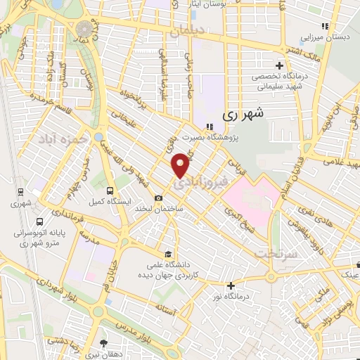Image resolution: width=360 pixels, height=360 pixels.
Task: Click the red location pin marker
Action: tap(181, 165)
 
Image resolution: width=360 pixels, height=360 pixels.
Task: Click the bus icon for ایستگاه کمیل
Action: tap(110, 191)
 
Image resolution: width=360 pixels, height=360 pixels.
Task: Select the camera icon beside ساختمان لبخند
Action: tap(159, 198)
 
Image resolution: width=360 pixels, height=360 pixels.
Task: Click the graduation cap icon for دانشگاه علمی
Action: tap(167, 254)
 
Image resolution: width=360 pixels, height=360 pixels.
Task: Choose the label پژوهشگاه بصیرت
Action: tap(210, 138)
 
